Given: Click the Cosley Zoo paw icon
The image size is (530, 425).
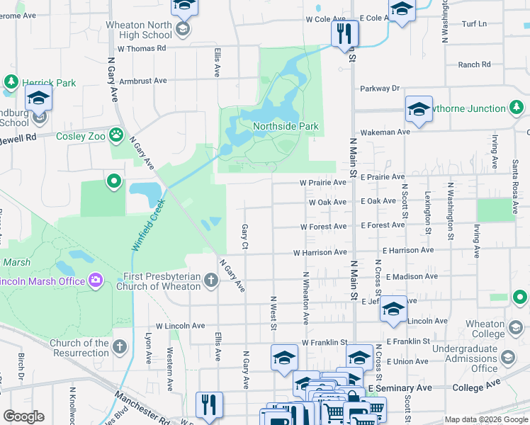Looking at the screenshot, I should [117, 135].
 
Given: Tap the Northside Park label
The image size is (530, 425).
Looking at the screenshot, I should [286, 127].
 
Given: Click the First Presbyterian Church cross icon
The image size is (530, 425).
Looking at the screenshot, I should [210, 281].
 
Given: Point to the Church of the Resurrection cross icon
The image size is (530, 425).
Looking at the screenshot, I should [120, 347].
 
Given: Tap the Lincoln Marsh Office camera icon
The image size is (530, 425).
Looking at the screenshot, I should [96, 281].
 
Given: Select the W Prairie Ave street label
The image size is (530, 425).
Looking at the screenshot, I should [323, 182].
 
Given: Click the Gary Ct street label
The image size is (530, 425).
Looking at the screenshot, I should [244, 237].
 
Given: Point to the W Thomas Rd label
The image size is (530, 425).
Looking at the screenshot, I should [142, 48].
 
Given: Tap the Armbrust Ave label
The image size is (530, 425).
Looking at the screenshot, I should [143, 81].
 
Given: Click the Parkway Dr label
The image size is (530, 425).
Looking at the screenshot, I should [380, 89].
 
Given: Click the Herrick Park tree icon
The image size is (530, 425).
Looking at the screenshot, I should [11, 83].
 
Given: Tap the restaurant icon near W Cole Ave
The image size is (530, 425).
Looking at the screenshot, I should [345, 33].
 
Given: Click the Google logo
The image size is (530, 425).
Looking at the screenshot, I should [24, 416].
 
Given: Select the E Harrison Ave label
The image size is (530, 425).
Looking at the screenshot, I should [407, 250].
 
